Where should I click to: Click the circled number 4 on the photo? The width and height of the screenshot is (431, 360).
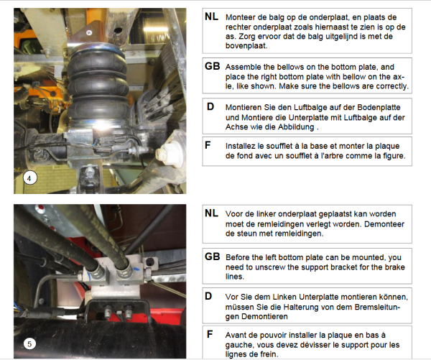pyautogui.click(x=29, y=178)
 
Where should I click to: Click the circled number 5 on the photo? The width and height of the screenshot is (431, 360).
pyautogui.click(x=29, y=343)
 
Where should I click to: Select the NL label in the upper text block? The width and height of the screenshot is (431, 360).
pyautogui.click(x=211, y=17)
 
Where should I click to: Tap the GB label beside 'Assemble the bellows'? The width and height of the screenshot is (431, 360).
pyautogui.click(x=212, y=66)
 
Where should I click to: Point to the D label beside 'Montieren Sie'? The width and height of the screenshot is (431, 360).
pyautogui.click(x=210, y=106)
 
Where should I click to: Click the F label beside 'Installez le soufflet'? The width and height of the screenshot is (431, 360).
pyautogui.click(x=208, y=145)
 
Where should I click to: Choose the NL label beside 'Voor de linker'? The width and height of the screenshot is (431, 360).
pyautogui.click(x=211, y=213)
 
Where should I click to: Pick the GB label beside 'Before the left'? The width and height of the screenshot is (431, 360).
pyautogui.click(x=212, y=257)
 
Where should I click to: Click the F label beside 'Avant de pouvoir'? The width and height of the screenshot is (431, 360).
pyautogui.click(x=210, y=334)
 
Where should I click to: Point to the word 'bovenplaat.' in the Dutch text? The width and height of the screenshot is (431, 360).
pyautogui.click(x=246, y=46)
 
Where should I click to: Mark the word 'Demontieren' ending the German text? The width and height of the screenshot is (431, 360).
pyautogui.click(x=264, y=317)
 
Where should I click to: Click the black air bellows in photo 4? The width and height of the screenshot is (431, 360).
pyautogui.click(x=98, y=86)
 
